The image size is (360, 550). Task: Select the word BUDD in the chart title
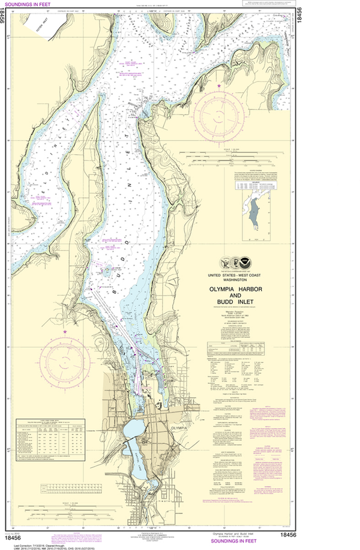(230, 302)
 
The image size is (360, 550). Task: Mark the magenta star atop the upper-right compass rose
(219, 87)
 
